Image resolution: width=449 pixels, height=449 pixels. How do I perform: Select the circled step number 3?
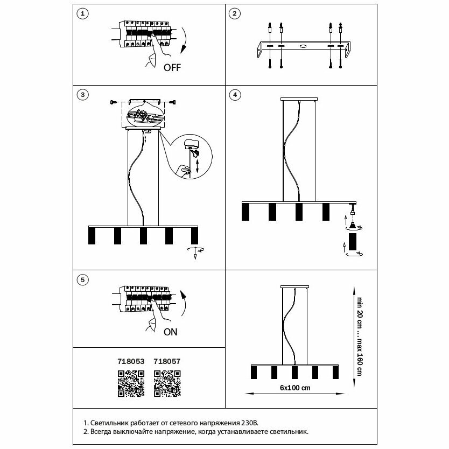click(82, 95)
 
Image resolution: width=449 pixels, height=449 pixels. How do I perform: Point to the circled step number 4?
click(234, 95)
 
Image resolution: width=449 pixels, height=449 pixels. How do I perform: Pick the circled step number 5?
click(82, 279)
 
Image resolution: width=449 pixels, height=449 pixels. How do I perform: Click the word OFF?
click(172, 67)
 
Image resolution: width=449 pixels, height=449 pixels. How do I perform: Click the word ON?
click(170, 332)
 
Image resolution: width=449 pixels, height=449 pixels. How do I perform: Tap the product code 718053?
click(131, 363)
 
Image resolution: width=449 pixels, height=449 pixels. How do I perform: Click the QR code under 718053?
click(131, 383)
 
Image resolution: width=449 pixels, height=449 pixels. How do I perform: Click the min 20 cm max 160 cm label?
click(357, 334)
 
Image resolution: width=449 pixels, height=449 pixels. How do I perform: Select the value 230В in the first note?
click(255, 423)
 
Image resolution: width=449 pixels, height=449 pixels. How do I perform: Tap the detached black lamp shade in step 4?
click(353, 243)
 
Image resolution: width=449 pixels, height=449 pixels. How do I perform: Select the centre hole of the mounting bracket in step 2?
click(303, 47)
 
